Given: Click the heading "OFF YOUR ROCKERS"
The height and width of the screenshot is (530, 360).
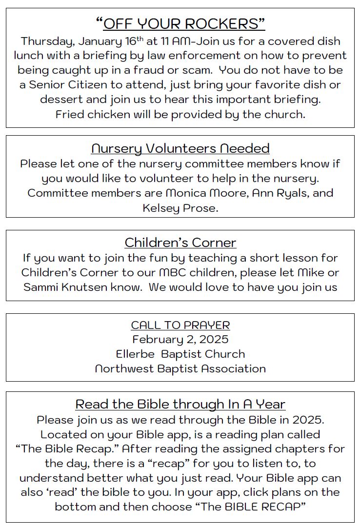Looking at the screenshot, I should coord(180,23).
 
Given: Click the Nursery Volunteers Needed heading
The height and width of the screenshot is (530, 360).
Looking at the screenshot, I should coord(180,148).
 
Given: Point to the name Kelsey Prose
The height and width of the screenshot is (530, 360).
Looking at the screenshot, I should coord(180,208).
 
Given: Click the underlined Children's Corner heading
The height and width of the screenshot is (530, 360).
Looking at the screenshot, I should coord(180,243).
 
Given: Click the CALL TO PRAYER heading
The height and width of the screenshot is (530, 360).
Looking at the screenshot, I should coord(180,325).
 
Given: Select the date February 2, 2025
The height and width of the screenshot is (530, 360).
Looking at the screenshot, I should coord(180,339).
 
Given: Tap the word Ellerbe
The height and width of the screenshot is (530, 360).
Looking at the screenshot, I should coord(135,354).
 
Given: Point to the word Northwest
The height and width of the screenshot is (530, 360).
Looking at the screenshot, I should coord(124,368).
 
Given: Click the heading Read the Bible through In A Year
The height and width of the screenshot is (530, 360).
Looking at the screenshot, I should coord(180,404).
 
